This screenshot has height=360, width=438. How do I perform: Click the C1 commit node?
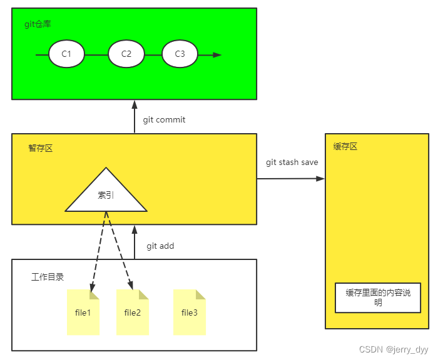[x=66, y=54]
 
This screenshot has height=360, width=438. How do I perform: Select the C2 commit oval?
[x=126, y=54]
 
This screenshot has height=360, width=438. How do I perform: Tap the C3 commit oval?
[x=180, y=54]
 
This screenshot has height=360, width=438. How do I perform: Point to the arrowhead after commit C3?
[x=216, y=55]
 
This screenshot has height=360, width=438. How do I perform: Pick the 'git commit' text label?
[x=164, y=119]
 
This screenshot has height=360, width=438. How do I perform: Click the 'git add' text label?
[x=160, y=246]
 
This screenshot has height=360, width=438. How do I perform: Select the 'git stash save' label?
[x=292, y=162]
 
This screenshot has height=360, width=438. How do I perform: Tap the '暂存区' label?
[x=41, y=149]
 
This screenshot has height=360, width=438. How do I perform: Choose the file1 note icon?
[x=83, y=312]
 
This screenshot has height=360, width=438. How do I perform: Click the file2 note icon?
[x=133, y=312]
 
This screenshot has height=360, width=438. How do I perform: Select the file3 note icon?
[x=189, y=312]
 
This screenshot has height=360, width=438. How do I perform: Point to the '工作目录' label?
[x=48, y=277]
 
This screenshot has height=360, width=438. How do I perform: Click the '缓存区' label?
[x=345, y=147]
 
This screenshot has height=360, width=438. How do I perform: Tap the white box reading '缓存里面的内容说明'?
[x=378, y=297]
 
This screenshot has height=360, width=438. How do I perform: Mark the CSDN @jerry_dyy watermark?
[x=394, y=350]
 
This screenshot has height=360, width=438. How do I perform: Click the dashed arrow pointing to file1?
[x=98, y=253]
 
